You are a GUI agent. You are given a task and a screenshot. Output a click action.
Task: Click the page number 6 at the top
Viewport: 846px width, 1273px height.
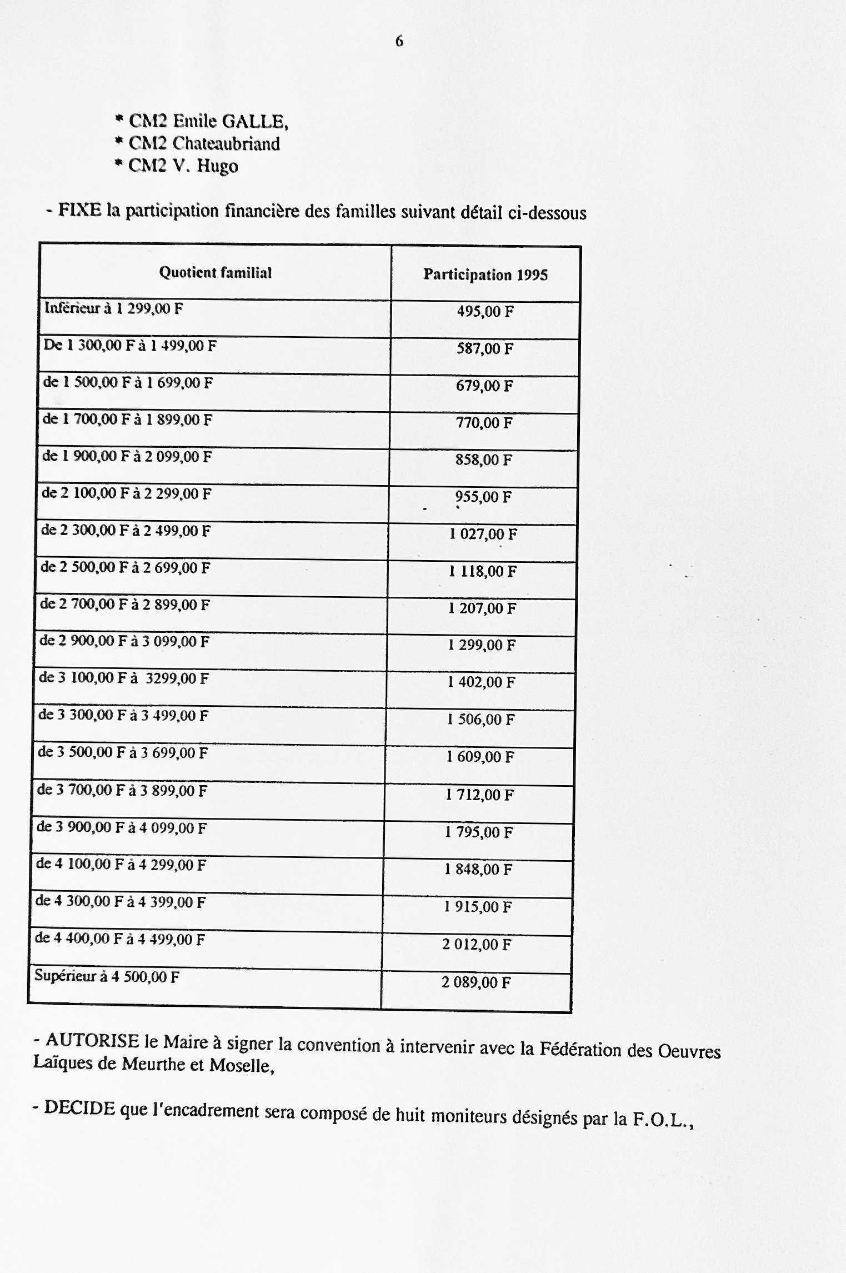pyautogui.click(x=399, y=41)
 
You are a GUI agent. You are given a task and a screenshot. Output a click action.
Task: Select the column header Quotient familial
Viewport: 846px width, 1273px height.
pyautogui.click(x=215, y=272)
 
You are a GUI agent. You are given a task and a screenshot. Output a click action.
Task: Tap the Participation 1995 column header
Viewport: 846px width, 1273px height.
pyautogui.click(x=485, y=274)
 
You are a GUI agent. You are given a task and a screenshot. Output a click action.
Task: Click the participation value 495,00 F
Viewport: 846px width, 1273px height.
pyautogui.click(x=485, y=311)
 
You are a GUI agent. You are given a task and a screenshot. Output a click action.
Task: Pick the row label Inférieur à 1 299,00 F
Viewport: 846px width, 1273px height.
pyautogui.click(x=113, y=308)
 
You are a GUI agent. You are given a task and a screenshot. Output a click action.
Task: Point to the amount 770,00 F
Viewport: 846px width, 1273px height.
pyautogui.click(x=484, y=422)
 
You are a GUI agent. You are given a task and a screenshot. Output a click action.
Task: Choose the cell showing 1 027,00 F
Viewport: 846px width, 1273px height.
pyautogui.click(x=483, y=534)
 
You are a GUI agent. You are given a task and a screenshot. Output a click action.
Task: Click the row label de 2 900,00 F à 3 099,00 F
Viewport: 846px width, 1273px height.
pyautogui.click(x=124, y=641)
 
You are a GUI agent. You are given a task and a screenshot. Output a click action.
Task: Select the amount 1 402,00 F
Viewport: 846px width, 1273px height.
pyautogui.click(x=482, y=682)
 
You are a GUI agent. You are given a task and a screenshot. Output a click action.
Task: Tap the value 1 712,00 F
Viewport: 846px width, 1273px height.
pyautogui.click(x=480, y=795)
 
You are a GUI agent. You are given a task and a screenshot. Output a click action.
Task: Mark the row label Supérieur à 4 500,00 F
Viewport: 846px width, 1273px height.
pyautogui.click(x=107, y=976)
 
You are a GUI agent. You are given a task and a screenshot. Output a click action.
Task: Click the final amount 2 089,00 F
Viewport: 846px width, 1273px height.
pyautogui.click(x=476, y=982)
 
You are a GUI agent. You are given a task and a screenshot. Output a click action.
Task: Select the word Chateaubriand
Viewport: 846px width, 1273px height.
pyautogui.click(x=226, y=144)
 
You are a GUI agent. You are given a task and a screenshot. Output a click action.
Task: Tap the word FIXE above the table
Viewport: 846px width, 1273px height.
pyautogui.click(x=80, y=211)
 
